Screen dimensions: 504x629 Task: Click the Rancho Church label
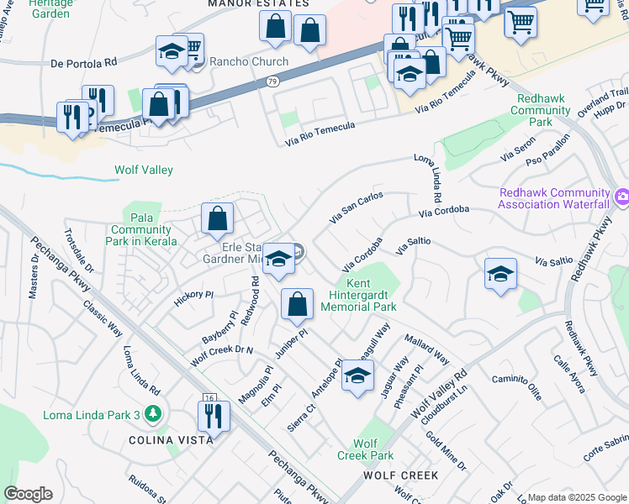pyautogui.click(x=248, y=62)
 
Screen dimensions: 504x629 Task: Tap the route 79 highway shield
pyautogui.click(x=272, y=81)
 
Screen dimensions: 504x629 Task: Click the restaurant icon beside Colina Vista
pyautogui.click(x=214, y=417)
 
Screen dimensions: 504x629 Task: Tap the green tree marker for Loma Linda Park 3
pyautogui.click(x=151, y=413)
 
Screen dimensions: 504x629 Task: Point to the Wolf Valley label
pyautogui.click(x=144, y=171)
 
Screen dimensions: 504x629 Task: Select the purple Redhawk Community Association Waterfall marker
pyautogui.click(x=621, y=197)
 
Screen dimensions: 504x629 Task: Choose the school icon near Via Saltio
pyautogui.click(x=500, y=274)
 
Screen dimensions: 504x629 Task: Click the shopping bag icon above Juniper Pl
pyautogui.click(x=297, y=305)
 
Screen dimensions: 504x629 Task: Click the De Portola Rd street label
pyautogui.click(x=83, y=63)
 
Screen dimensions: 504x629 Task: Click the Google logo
pyautogui.click(x=28, y=494)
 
